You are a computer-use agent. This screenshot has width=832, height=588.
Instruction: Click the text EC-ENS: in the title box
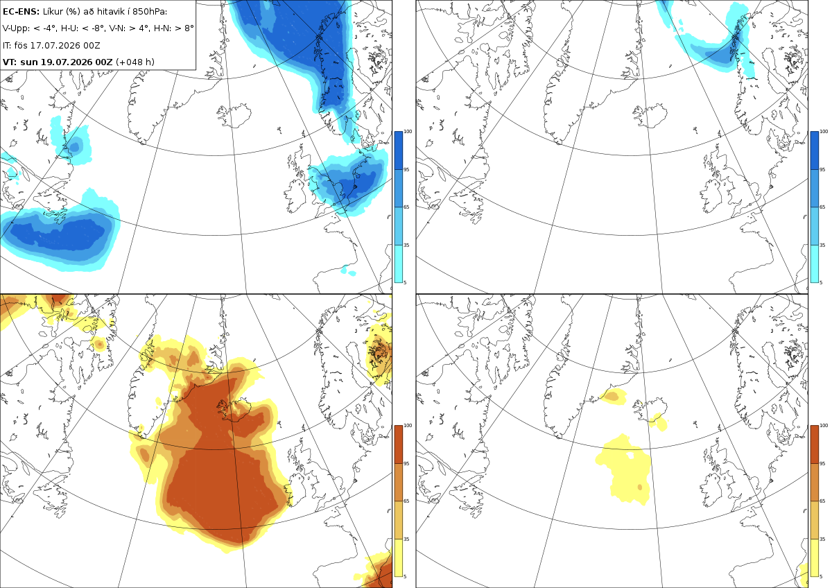point(21,12)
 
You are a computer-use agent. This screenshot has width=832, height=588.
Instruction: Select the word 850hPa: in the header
point(150,12)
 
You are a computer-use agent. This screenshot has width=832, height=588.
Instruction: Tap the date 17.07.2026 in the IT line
point(55,45)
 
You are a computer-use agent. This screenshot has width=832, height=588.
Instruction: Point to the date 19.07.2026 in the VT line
point(66,62)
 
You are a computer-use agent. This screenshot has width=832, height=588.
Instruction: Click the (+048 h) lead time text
point(135,62)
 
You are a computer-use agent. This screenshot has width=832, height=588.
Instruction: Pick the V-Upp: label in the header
point(16,28)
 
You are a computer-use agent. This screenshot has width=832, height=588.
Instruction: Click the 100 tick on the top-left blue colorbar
point(408,132)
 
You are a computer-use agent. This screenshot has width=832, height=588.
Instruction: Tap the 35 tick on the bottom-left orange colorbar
point(406,539)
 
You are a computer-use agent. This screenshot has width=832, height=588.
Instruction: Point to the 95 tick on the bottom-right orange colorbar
point(822,464)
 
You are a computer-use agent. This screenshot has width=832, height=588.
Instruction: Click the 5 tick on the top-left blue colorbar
point(405,282)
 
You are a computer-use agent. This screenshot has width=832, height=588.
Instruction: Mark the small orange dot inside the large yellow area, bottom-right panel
point(639,487)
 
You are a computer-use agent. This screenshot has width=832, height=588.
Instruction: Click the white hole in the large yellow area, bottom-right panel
point(630,455)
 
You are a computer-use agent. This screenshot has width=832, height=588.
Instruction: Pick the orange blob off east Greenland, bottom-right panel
point(613,396)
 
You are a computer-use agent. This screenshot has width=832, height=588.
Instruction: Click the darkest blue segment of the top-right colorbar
point(815,150)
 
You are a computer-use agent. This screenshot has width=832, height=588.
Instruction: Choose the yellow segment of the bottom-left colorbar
point(399,557)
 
